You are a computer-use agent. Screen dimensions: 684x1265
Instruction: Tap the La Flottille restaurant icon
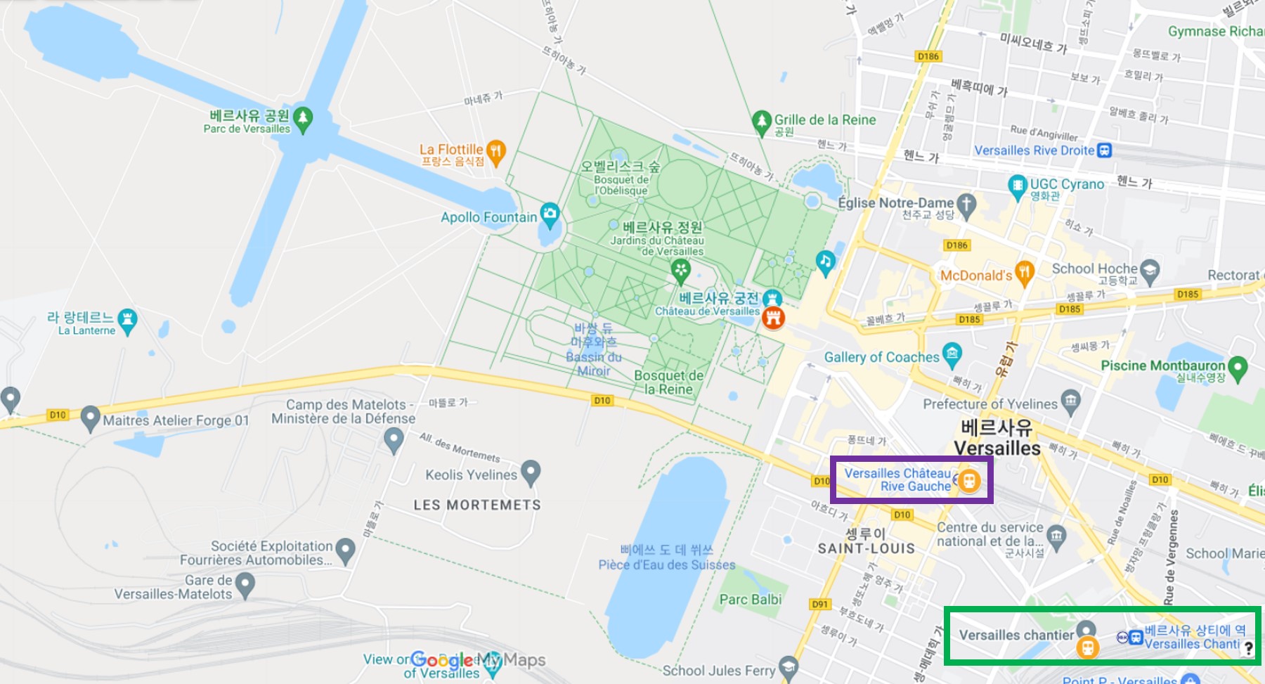496,151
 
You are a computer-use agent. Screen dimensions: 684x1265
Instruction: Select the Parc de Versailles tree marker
303,118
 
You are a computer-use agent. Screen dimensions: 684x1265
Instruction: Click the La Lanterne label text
86,330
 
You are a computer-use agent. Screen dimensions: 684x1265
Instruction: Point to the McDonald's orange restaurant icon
1025,273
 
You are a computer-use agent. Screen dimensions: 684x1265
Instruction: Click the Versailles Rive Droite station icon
1104,150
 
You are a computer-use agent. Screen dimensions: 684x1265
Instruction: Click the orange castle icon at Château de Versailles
773,318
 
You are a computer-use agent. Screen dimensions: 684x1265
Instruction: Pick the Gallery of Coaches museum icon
952,354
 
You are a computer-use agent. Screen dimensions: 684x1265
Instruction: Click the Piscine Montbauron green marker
1238,366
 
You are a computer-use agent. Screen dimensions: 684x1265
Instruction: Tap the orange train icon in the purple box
969,481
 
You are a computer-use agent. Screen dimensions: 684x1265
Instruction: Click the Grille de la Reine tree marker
762,122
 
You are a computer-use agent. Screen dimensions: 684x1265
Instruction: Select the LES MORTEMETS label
477,505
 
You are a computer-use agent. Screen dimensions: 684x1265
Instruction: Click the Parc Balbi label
750,600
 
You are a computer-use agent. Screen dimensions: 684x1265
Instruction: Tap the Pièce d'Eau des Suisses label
666,564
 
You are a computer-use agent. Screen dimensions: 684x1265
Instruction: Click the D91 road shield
819,604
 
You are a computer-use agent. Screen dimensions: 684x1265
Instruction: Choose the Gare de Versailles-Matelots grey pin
245,583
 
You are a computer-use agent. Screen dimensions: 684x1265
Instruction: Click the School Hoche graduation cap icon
1150,271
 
